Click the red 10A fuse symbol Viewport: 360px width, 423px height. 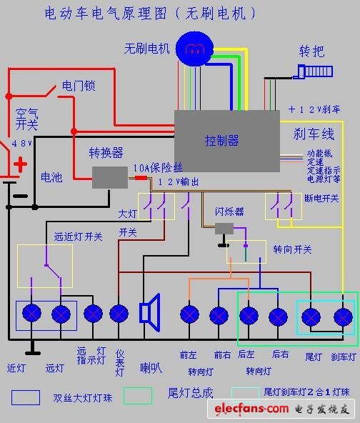pyautogui.click(x=141, y=177)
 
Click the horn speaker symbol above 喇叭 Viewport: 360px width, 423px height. pyautogui.click(x=149, y=312)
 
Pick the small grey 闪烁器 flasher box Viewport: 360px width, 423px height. pyautogui.click(x=225, y=228)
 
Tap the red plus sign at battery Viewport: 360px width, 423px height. pyautogui.click(x=21, y=164)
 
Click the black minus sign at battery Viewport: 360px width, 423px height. pyautogui.click(x=21, y=194)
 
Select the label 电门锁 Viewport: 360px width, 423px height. pyautogui.click(x=79, y=86)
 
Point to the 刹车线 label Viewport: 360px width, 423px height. pyautogui.click(x=314, y=134)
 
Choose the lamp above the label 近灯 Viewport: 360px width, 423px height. pyautogui.click(x=31, y=314)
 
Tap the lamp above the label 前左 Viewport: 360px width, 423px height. pyautogui.click(x=189, y=314)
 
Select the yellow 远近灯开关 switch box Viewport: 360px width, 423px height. pyautogui.click(x=44, y=266)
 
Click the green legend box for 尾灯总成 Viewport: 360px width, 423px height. pyautogui.click(x=138, y=395)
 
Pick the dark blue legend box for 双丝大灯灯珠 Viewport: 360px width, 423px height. pyautogui.click(x=25, y=397)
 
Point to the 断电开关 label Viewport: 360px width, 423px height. pyautogui.click(x=321, y=198)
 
